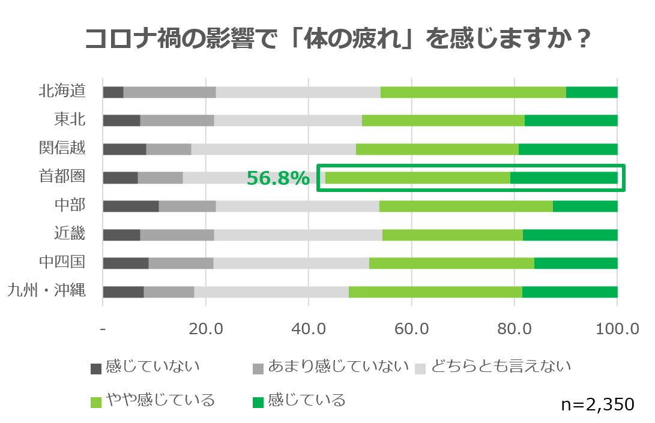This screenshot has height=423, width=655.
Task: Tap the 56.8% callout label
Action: pyautogui.click(x=278, y=178)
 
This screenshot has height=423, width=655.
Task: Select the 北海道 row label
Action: pyautogui.click(x=62, y=91)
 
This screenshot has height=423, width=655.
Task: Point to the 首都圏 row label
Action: pyautogui.click(x=62, y=177)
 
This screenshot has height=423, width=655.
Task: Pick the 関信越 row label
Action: pyautogui.click(x=62, y=149)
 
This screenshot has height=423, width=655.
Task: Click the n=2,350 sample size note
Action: pyautogui.click(x=597, y=404)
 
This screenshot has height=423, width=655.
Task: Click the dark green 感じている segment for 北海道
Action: pyautogui.click(x=591, y=92)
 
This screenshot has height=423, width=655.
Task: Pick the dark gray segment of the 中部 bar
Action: pyautogui.click(x=131, y=206)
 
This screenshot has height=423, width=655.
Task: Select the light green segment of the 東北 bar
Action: pyautogui.click(x=443, y=120)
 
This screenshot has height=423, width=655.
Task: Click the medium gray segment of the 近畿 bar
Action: pyautogui.click(x=177, y=235)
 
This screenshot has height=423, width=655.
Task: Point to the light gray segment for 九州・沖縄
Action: pyautogui.click(x=271, y=292)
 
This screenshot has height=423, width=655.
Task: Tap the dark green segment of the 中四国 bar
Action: pyautogui.click(x=576, y=263)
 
